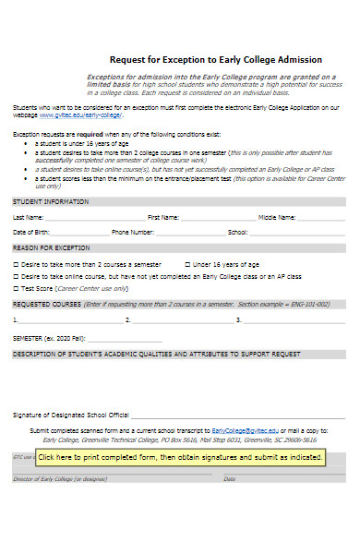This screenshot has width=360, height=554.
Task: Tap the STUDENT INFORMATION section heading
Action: click(50, 201)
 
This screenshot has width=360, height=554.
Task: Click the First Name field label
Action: click(163, 217)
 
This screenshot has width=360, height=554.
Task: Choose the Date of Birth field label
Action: click(31, 232)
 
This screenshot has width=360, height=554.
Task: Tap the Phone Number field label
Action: click(132, 232)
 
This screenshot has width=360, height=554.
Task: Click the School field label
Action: click(237, 232)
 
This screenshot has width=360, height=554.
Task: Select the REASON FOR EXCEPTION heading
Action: click(51, 247)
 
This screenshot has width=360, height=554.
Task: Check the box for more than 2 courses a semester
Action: click(16, 263)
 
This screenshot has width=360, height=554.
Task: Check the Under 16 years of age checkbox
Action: click(187, 263)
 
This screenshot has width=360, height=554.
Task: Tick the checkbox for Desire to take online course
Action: click(16, 275)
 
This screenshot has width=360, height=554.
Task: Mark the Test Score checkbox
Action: click(16, 287)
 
